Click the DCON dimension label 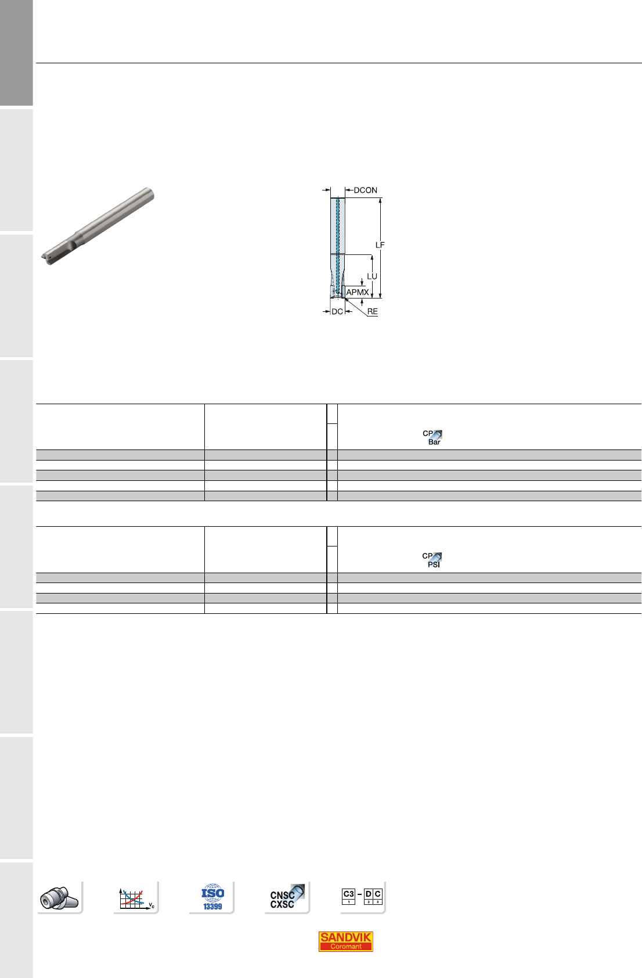(365, 190)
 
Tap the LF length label (380, 245)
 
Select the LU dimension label (372, 276)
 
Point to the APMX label (358, 292)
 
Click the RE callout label (372, 311)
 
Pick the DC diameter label (337, 311)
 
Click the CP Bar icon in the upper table (432, 437)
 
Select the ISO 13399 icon (212, 897)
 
